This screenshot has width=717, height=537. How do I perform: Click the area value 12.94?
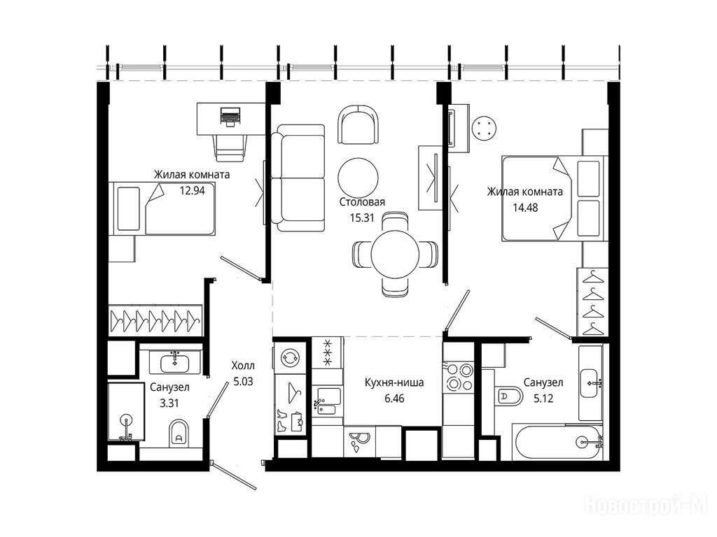point(192,190)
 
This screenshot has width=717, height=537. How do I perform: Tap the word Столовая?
point(362,202)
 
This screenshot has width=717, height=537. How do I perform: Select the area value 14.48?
point(525,208)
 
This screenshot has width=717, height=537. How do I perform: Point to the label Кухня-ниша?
point(394,382)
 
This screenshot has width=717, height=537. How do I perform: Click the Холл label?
point(243,366)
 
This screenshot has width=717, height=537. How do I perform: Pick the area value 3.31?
point(169,403)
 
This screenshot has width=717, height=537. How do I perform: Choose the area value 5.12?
point(543,399)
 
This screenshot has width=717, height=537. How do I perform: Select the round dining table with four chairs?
point(395,253)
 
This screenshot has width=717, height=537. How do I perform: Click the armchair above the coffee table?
point(358,124)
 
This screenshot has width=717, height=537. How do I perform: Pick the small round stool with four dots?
point(485,128)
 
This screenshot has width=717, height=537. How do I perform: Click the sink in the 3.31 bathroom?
point(175,363)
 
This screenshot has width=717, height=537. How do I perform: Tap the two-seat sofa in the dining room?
point(298,178)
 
